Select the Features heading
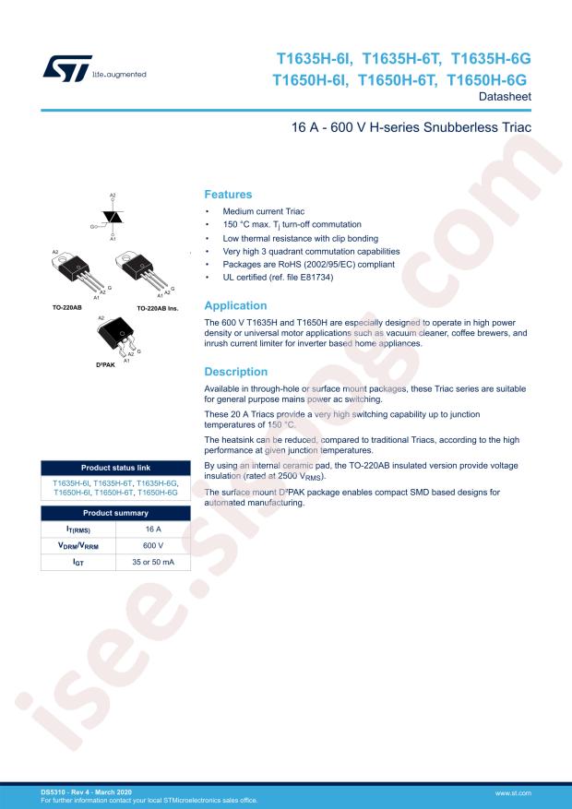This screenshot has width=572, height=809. (x=228, y=195)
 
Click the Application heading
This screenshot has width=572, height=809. (x=235, y=305)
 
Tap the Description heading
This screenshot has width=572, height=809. (x=235, y=372)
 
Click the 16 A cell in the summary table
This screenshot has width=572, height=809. (x=152, y=529)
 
